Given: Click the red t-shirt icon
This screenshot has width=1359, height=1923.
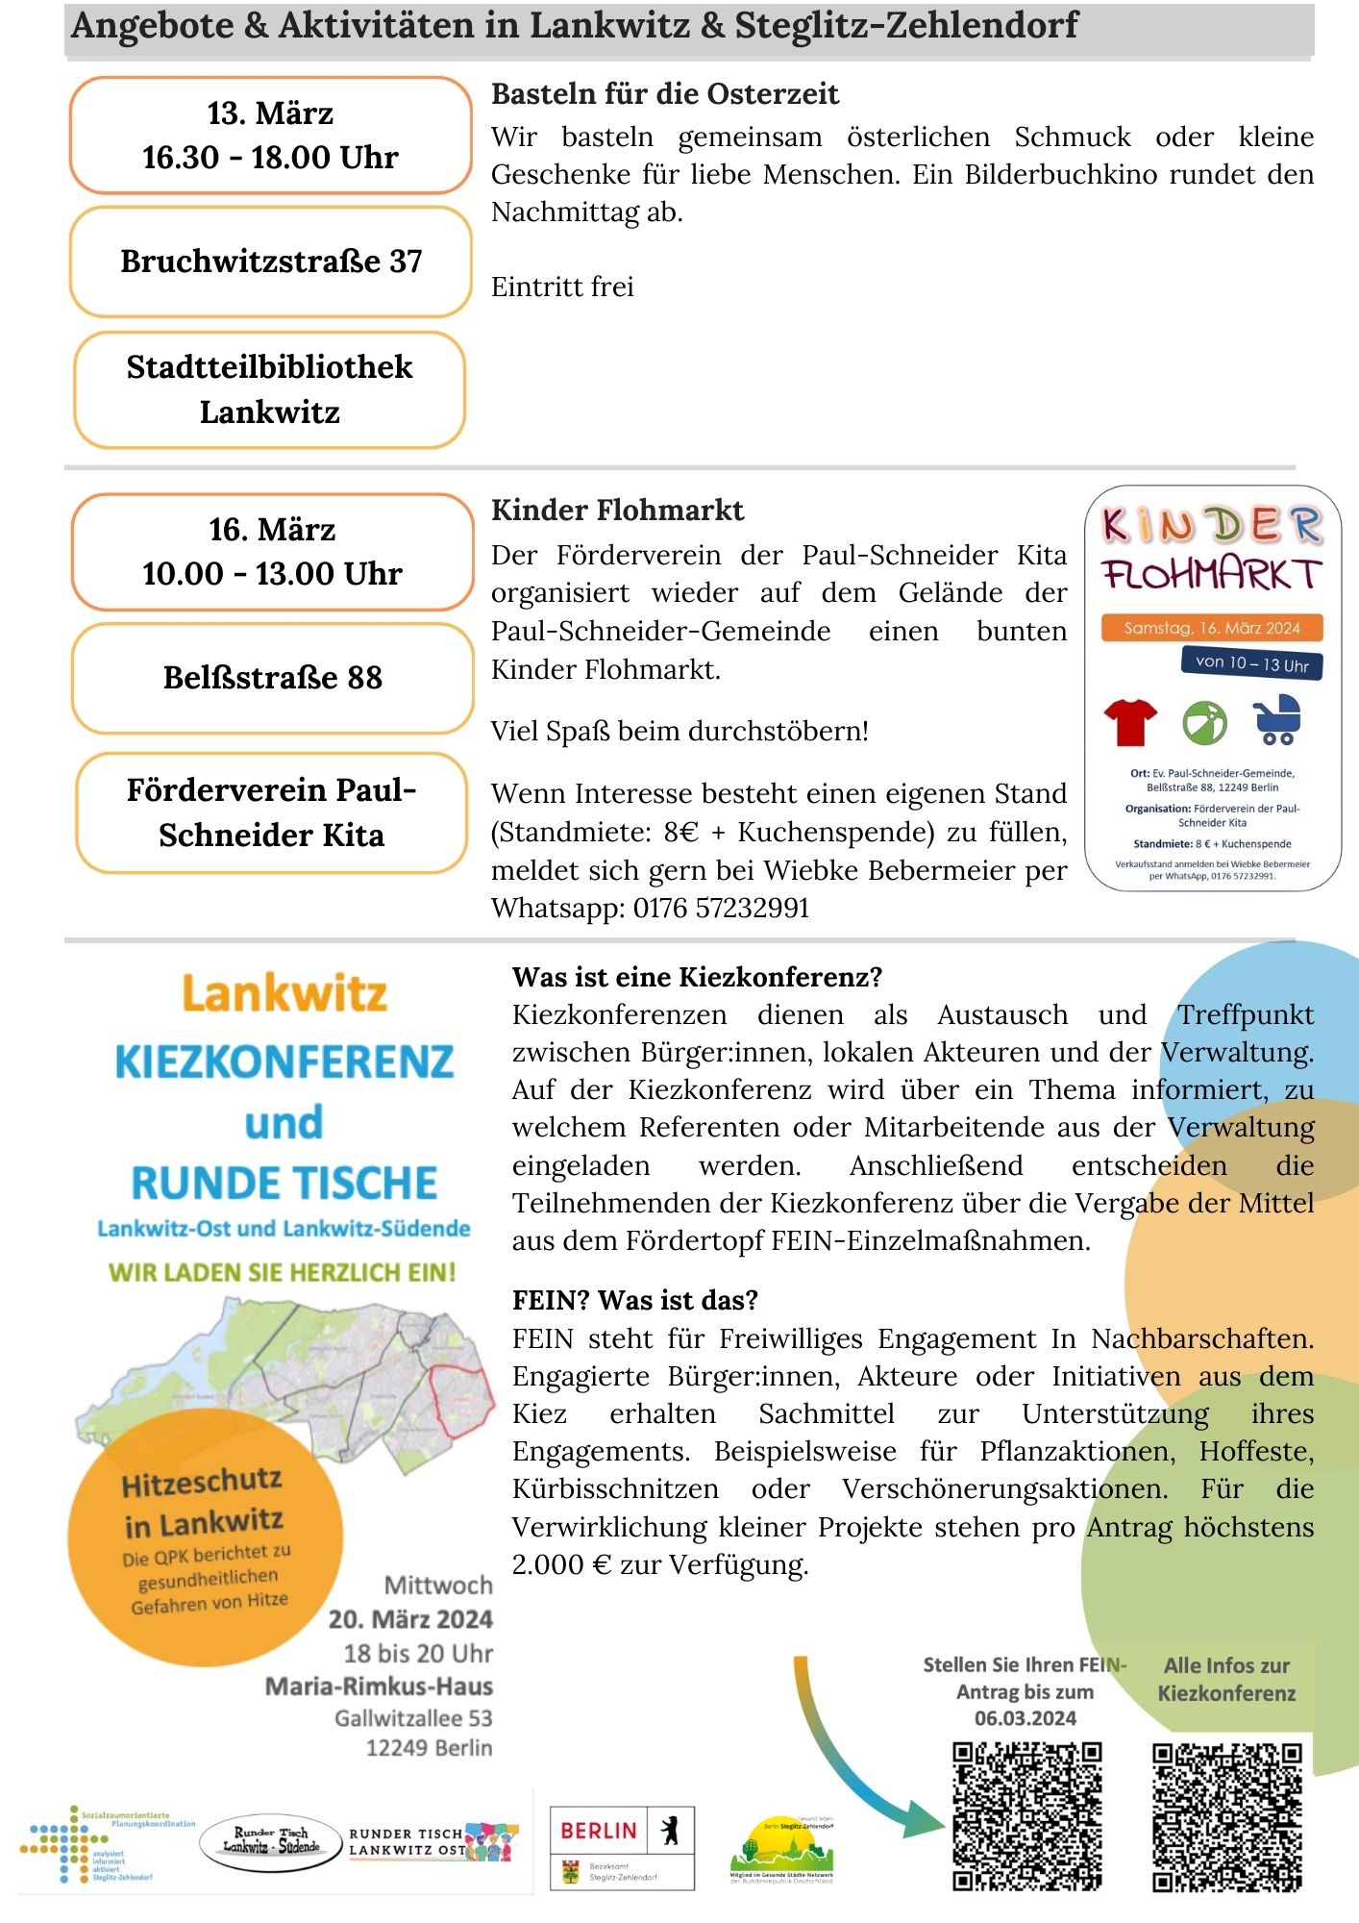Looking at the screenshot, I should [1130, 721].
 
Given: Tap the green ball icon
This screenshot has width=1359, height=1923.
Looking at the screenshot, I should [1204, 722].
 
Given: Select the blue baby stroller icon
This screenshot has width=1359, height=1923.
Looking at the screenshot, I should [1277, 720].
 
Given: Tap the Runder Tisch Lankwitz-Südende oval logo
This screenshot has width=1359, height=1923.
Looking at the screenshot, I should [271, 1842].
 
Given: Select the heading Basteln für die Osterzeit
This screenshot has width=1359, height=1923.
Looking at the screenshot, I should [665, 94].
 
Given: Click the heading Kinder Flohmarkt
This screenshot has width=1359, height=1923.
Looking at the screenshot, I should [617, 511].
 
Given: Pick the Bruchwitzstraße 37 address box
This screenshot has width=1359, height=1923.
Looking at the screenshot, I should [271, 262].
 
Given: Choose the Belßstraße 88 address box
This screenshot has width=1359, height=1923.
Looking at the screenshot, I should [273, 678].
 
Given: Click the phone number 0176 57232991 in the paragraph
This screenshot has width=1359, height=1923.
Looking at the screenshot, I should [721, 908].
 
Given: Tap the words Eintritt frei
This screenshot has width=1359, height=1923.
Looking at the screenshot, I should [562, 287].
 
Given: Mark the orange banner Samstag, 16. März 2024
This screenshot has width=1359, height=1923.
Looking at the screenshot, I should [1212, 628].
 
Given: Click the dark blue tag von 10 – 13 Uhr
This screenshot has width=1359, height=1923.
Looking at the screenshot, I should [1251, 663].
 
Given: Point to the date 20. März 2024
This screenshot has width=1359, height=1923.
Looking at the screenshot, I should [410, 1619].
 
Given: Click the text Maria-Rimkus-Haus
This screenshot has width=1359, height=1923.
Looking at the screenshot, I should [379, 1686].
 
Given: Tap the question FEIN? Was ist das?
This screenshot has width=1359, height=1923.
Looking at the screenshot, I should [635, 1300].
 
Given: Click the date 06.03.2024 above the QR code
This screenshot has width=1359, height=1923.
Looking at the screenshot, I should [1025, 1718].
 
